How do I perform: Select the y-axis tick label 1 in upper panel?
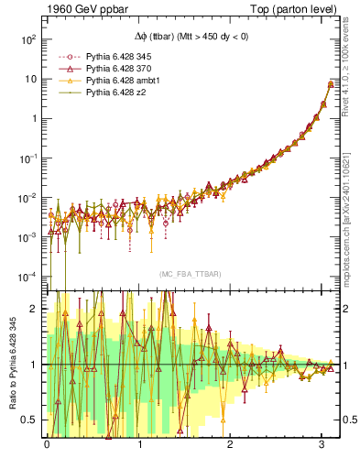coord(32,118)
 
